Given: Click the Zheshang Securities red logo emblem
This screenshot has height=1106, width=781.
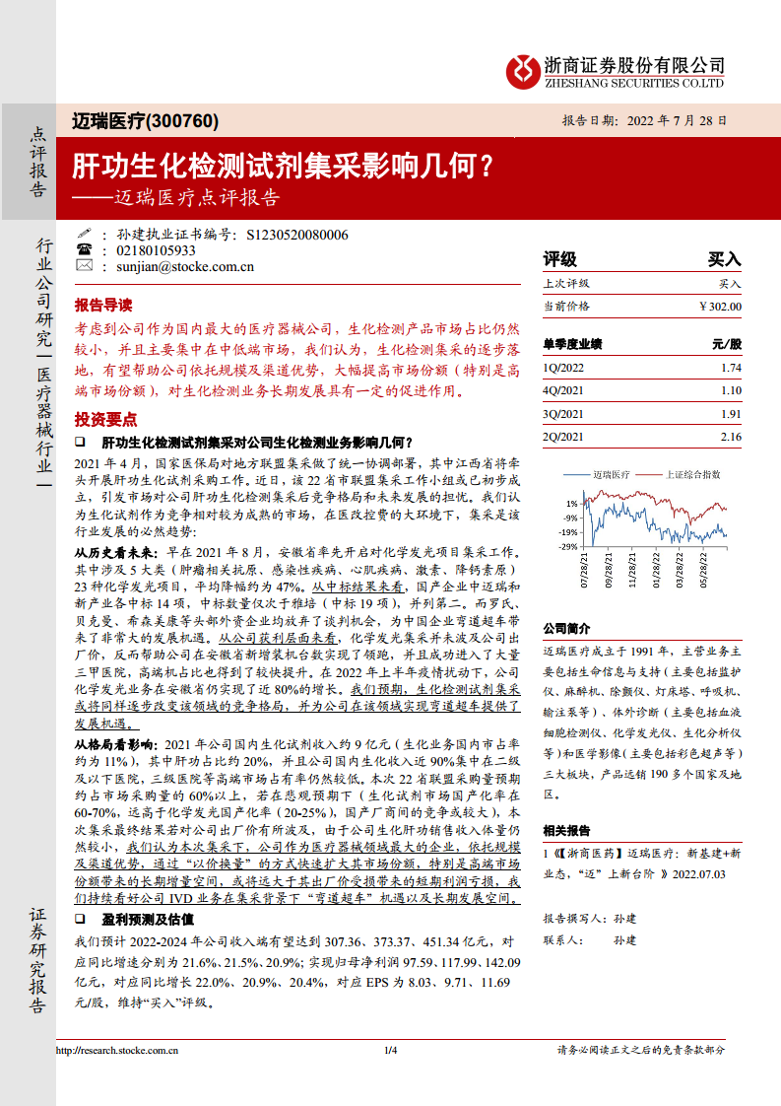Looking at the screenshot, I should (522, 69).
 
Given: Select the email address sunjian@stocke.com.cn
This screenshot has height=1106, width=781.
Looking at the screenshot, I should (178, 265).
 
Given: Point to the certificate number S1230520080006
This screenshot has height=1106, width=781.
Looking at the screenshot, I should (296, 235).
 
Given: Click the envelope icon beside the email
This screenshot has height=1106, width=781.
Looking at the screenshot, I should (85, 265).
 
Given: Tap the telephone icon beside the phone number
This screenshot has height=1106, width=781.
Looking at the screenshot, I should (85, 250).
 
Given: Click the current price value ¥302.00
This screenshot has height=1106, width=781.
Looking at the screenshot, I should (720, 307).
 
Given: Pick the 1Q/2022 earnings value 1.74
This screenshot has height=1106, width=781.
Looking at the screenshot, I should (730, 367).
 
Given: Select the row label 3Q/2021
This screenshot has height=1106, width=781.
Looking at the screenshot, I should (563, 414).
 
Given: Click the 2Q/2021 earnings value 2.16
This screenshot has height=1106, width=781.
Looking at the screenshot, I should (730, 437).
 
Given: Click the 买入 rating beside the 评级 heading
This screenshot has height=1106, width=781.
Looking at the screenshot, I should (724, 260).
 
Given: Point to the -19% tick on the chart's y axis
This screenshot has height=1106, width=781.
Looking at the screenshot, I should (570, 532).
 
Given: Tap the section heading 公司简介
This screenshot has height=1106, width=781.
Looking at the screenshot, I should (567, 628).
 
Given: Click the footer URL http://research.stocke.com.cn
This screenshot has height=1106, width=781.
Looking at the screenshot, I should (117, 1051).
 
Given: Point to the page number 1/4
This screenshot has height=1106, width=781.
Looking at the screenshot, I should (390, 1051).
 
